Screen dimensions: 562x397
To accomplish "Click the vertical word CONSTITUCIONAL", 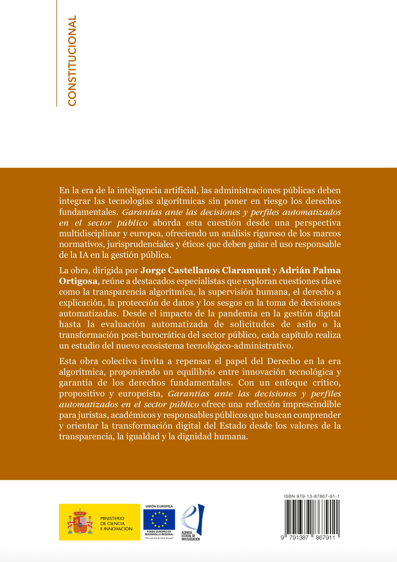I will tap(72, 60).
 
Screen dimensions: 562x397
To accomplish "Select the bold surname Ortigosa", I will tap(78, 281).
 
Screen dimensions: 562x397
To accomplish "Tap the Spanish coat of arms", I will tap(80, 521).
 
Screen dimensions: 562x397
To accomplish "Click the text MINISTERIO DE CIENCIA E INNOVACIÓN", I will tap(116, 524).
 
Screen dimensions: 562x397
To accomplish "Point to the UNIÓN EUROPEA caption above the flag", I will tap(159, 506).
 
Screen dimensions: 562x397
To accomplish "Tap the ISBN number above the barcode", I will tap(311, 496).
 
